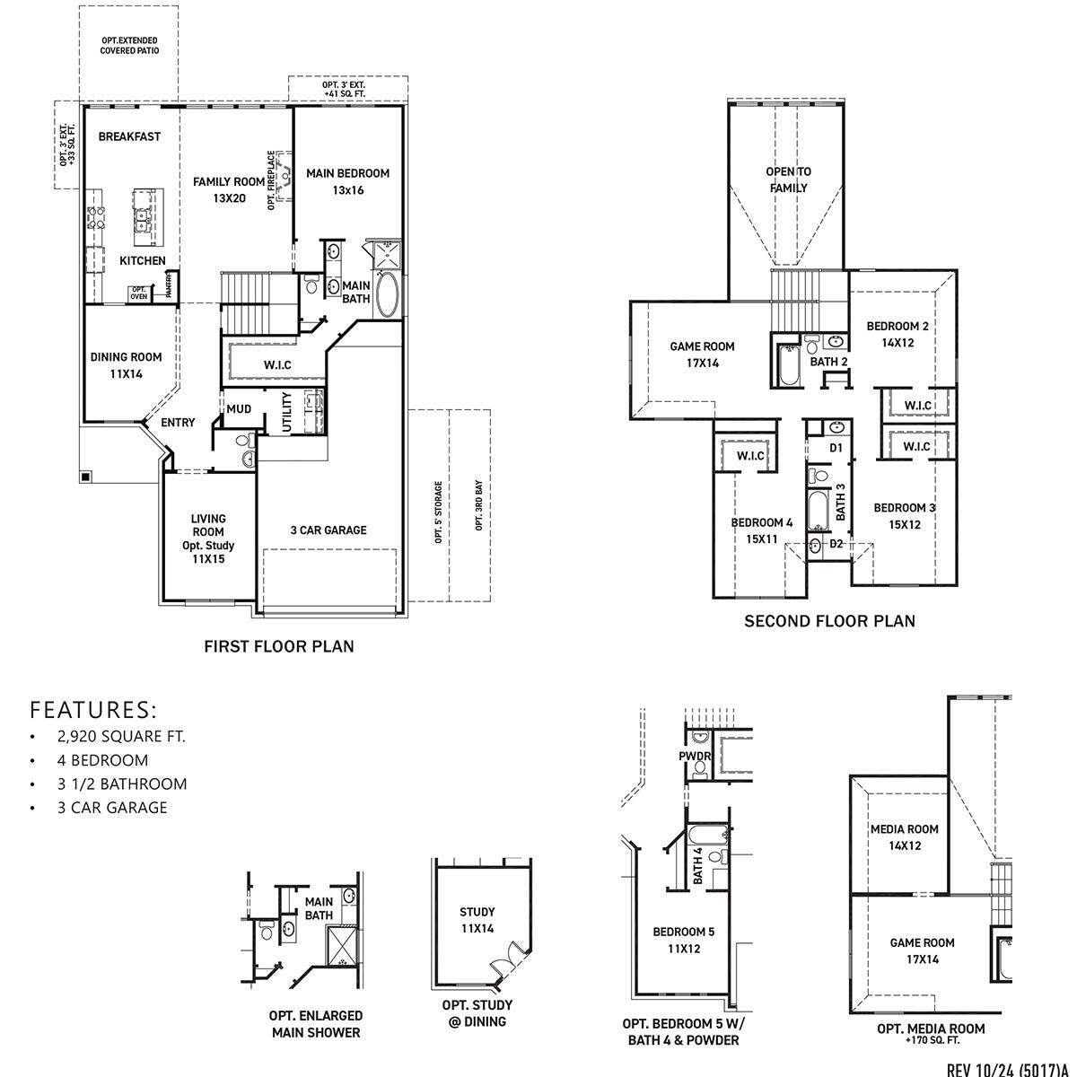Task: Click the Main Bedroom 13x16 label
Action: point(347,181)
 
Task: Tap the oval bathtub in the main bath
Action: point(389,294)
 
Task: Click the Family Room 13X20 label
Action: point(230,189)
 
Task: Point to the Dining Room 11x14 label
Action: point(127,365)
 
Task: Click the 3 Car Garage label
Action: point(328,530)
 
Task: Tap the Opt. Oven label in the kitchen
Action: point(138,293)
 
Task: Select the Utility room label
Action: point(288,412)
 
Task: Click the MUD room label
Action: point(239,409)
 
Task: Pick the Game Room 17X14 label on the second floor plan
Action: point(702,355)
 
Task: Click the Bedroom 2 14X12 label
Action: point(897,334)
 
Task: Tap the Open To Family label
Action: point(788,179)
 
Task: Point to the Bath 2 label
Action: point(828,362)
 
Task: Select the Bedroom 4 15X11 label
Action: point(761,530)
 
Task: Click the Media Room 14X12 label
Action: point(904,837)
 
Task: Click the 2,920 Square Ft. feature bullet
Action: point(119,737)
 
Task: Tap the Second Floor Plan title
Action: point(829,621)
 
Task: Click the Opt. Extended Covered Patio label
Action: point(129,46)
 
